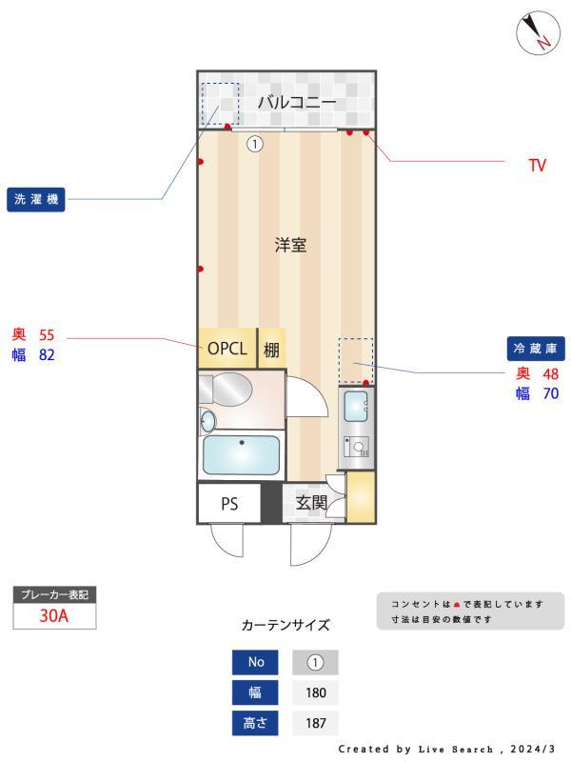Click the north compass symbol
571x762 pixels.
538,34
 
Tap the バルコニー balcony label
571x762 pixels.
297,101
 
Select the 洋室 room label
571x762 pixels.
290,245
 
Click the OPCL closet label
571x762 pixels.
227,349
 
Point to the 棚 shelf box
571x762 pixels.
272,349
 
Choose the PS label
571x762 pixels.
229,504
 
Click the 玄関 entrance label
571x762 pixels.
311,502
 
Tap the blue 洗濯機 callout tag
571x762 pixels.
38,200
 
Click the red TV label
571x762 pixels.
538,166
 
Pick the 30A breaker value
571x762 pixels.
53,615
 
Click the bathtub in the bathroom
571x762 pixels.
242,455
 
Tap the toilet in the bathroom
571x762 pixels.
229,390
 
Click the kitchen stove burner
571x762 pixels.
358,448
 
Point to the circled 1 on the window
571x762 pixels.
255,144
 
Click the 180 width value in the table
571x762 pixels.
316,692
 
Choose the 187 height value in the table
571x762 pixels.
316,723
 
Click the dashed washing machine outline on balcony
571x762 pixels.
220,103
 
